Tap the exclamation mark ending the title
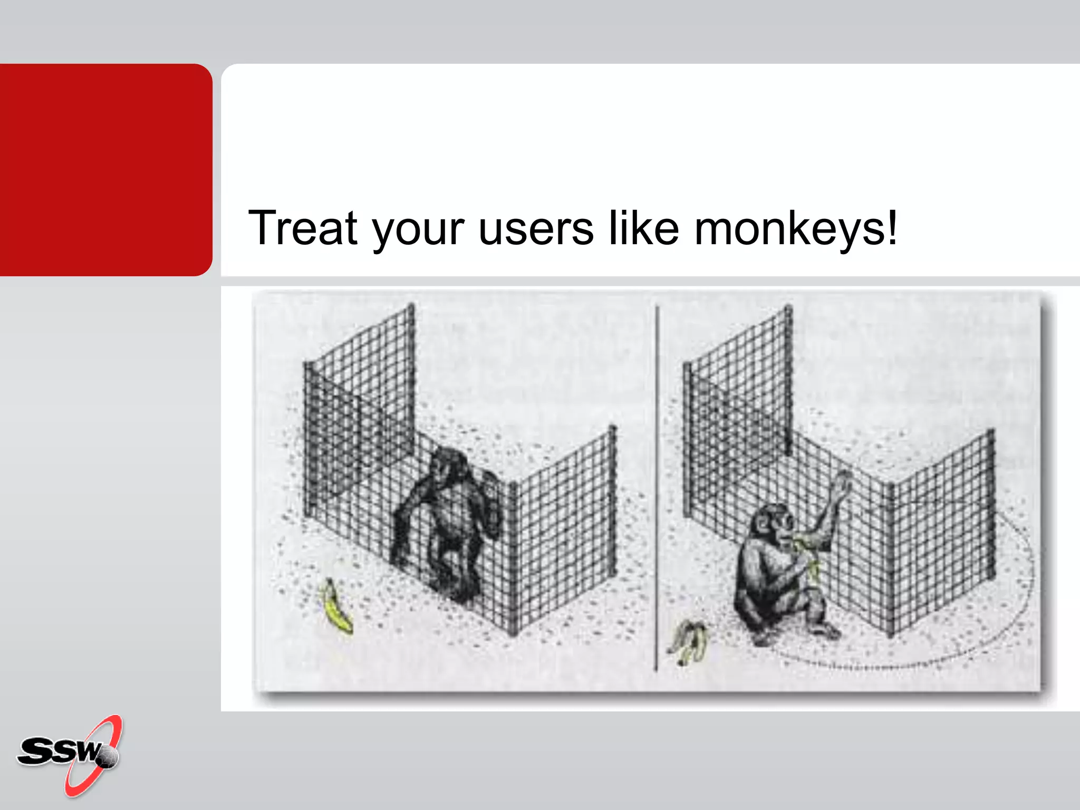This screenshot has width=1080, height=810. pos(891,227)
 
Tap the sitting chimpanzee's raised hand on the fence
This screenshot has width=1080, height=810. pos(843,483)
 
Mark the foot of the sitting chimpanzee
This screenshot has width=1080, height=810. pos(825,630)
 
